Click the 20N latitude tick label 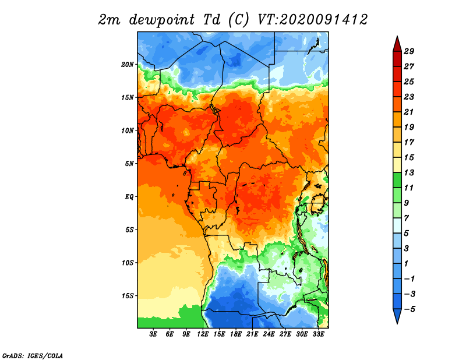coord(128,65)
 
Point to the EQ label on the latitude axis coord(129,197)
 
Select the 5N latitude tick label coord(129,164)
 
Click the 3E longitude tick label coord(153,334)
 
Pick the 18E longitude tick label coord(236,334)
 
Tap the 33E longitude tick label coord(318,334)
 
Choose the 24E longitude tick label coord(269,334)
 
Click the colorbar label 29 coord(409,51)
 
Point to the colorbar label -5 coord(409,309)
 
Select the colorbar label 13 coord(409,172)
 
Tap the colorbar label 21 coord(409,112)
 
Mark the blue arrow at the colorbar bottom coord(397,316)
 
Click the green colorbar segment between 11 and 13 coord(397,180)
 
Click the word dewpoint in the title coord(161,20)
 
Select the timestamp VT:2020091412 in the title coord(313,20)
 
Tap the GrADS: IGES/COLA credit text coord(33,355)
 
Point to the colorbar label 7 coord(407,218)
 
